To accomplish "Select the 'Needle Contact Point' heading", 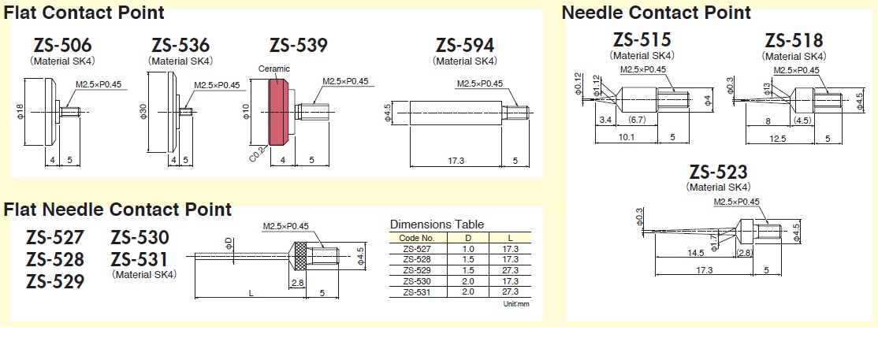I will (656, 13).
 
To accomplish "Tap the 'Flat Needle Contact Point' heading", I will (118, 210).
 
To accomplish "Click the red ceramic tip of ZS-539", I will (278, 115).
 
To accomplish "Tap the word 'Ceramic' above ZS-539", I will (274, 69).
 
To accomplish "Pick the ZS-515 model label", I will (642, 40).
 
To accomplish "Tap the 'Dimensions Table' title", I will (437, 225).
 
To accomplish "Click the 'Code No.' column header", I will (419, 237).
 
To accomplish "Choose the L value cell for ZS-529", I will (508, 269).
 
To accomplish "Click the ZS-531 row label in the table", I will (419, 291).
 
